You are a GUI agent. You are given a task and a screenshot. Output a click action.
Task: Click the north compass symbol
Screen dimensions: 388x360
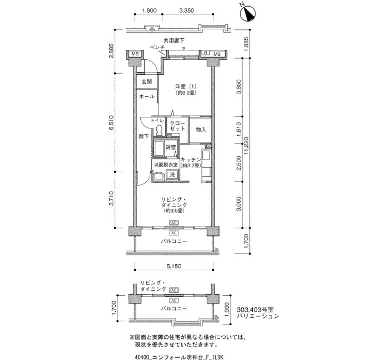248,14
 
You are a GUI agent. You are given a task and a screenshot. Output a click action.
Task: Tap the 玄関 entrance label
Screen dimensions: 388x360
146,81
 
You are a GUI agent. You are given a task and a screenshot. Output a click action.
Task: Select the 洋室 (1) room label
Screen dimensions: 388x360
186,86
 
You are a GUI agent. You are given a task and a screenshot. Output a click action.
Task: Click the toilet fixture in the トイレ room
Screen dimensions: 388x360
159,130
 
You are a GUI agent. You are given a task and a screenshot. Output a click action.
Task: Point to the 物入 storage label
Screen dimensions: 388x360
201,129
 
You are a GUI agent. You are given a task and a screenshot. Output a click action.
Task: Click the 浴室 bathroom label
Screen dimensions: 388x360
171,147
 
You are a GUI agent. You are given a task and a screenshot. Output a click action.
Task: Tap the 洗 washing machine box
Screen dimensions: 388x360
172,174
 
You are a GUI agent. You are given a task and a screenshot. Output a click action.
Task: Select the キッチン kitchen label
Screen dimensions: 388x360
191,160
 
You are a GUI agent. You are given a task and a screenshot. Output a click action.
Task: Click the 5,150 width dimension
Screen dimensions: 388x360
173,266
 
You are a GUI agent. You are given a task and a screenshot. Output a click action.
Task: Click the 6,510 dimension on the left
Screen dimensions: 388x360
112,122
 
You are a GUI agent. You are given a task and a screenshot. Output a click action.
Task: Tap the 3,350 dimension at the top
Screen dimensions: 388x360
187,11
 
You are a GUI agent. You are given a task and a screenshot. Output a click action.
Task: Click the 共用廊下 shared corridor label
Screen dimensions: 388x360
174,40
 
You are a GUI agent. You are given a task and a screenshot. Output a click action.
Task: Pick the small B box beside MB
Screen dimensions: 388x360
206,53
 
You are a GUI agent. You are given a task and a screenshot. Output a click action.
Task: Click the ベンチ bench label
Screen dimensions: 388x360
157,47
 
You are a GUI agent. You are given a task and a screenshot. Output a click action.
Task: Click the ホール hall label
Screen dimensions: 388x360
147,96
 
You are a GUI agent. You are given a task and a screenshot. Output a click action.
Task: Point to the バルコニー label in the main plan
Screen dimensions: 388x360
173,241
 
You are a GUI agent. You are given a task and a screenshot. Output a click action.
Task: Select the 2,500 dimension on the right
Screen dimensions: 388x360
239,163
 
